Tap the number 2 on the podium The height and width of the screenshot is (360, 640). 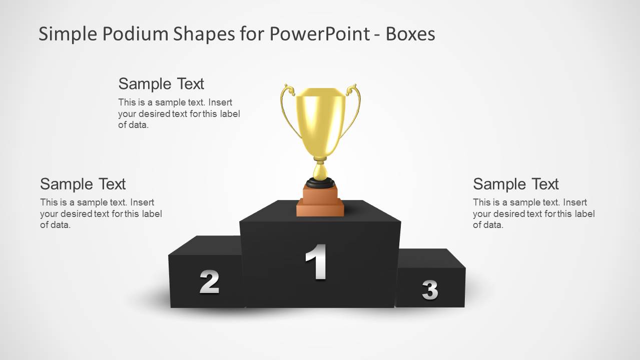(x=209, y=282)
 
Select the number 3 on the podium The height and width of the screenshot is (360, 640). (x=430, y=289)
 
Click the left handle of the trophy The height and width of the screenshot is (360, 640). (x=286, y=107)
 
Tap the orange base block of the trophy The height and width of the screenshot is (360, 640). (x=320, y=200)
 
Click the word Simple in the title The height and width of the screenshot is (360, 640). (x=67, y=34)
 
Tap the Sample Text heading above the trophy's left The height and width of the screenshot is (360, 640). (x=161, y=83)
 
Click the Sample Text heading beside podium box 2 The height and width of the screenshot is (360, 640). (x=83, y=184)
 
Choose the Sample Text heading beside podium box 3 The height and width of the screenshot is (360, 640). (x=515, y=184)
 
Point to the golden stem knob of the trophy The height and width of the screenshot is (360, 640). (x=320, y=171)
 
